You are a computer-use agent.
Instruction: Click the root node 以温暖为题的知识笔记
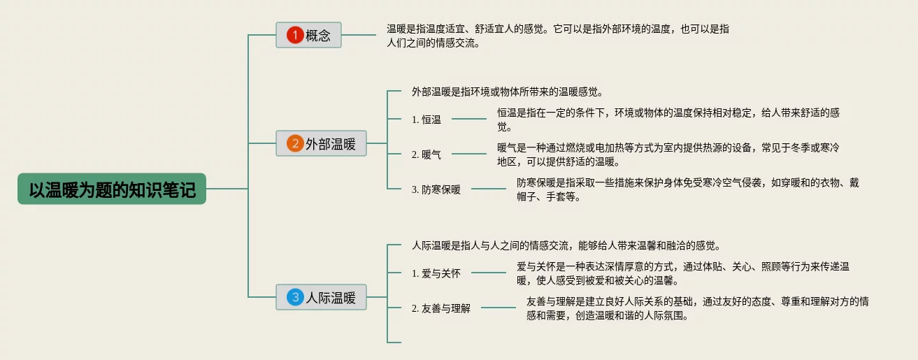coord(112,189)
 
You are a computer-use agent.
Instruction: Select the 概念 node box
coord(308,35)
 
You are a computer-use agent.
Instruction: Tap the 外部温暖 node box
coord(321,143)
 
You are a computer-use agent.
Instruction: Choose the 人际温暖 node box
coord(321,298)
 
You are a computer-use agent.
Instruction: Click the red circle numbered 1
coord(296,35)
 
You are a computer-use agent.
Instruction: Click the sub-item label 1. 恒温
coord(426,120)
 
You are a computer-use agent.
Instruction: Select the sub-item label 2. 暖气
coord(426,154)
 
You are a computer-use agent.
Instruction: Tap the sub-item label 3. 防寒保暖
coord(436,189)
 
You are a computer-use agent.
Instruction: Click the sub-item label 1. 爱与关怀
coord(436,273)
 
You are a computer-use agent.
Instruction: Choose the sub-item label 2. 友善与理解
coord(441,308)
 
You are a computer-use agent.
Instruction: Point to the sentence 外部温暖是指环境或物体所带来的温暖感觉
coord(507,92)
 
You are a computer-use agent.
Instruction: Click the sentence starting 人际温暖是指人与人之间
coord(566,245)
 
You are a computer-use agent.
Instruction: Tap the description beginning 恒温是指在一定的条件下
coord(668,120)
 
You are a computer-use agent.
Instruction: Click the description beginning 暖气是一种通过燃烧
coord(668,154)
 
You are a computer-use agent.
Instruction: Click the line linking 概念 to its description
coord(359,35)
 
